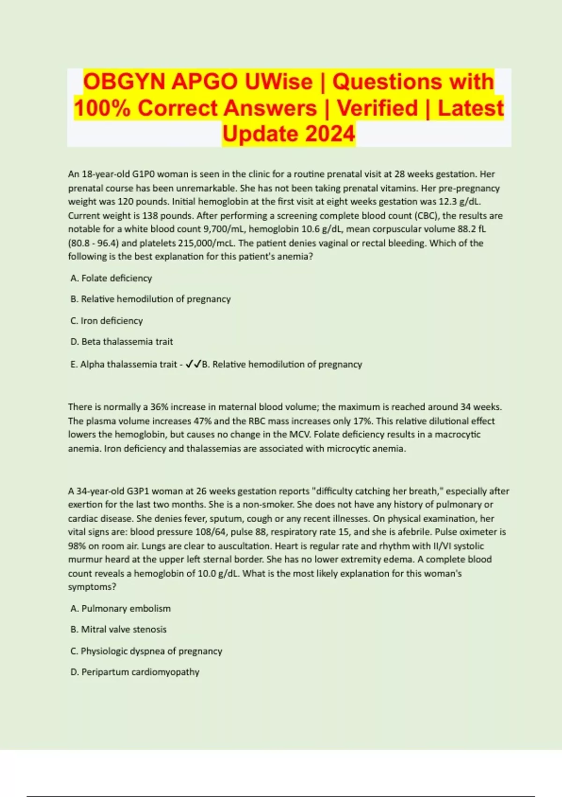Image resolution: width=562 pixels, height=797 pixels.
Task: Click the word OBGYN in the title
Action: tap(124, 82)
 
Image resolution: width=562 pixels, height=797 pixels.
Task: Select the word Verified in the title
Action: tap(377, 108)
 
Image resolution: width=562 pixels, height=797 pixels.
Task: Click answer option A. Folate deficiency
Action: tap(111, 278)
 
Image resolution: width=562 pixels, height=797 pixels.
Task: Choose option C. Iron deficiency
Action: tap(106, 321)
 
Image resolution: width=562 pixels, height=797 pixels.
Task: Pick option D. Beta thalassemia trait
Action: tap(121, 342)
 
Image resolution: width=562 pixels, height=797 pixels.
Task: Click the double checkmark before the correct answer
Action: tap(193, 364)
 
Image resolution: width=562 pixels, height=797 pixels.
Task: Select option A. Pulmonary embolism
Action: tap(120, 609)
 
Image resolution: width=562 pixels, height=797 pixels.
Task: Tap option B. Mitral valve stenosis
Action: tap(118, 629)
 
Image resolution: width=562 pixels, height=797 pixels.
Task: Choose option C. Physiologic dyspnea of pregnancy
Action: tap(146, 651)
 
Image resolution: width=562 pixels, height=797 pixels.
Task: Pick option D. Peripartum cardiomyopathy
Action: tap(135, 672)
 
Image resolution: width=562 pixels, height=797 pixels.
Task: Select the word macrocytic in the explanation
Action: tap(457, 435)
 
